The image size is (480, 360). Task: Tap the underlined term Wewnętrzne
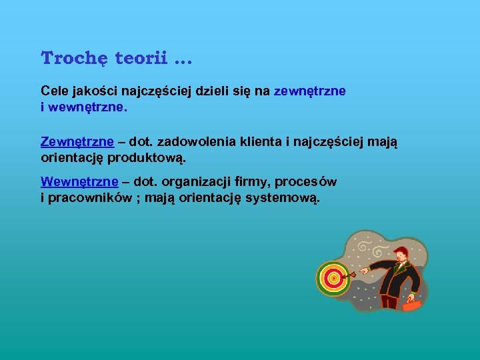tap(79, 182)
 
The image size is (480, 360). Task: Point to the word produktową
tap(146, 158)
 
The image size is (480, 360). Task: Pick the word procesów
tap(309, 182)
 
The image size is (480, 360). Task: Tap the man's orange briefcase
tap(412, 305)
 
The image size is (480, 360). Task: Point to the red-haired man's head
tap(401, 255)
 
